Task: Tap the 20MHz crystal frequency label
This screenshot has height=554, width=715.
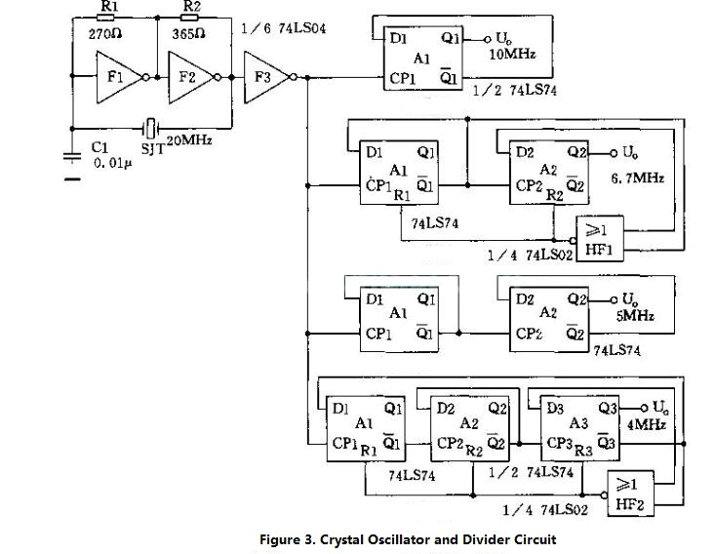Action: (x=189, y=140)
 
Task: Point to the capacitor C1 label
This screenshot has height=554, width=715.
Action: (x=99, y=147)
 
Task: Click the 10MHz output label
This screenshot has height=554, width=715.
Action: (x=512, y=55)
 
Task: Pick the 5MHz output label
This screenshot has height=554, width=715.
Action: (x=634, y=316)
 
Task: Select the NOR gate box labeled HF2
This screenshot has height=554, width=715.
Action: (x=630, y=495)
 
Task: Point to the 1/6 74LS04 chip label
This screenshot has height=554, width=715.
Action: (x=283, y=28)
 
